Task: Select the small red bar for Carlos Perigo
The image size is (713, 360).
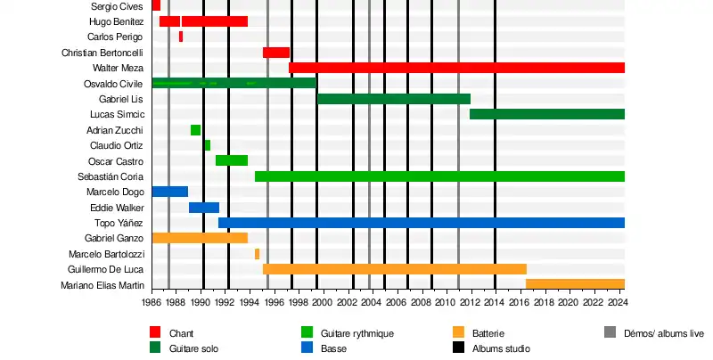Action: [x=181, y=37]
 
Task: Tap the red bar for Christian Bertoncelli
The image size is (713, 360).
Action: [x=276, y=53]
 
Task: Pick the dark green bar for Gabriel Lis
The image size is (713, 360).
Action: [x=393, y=99]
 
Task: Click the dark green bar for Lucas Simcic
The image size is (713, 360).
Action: [x=546, y=114]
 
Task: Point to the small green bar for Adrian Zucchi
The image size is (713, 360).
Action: [x=195, y=130]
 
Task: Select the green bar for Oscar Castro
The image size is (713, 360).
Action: [x=232, y=160]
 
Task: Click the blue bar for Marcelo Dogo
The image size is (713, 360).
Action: [x=169, y=192]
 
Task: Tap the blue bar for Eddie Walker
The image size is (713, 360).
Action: [x=204, y=208]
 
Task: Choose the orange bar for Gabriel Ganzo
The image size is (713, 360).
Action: [x=200, y=238]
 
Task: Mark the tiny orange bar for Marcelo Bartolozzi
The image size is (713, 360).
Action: [x=257, y=254]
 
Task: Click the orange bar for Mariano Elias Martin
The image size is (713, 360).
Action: [x=575, y=284]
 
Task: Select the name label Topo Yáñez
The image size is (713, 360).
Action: [x=119, y=223]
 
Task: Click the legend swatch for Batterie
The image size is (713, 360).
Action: [x=459, y=332]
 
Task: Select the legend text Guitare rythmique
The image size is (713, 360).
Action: [x=357, y=333]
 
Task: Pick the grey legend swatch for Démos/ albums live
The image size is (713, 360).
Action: [x=610, y=332]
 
